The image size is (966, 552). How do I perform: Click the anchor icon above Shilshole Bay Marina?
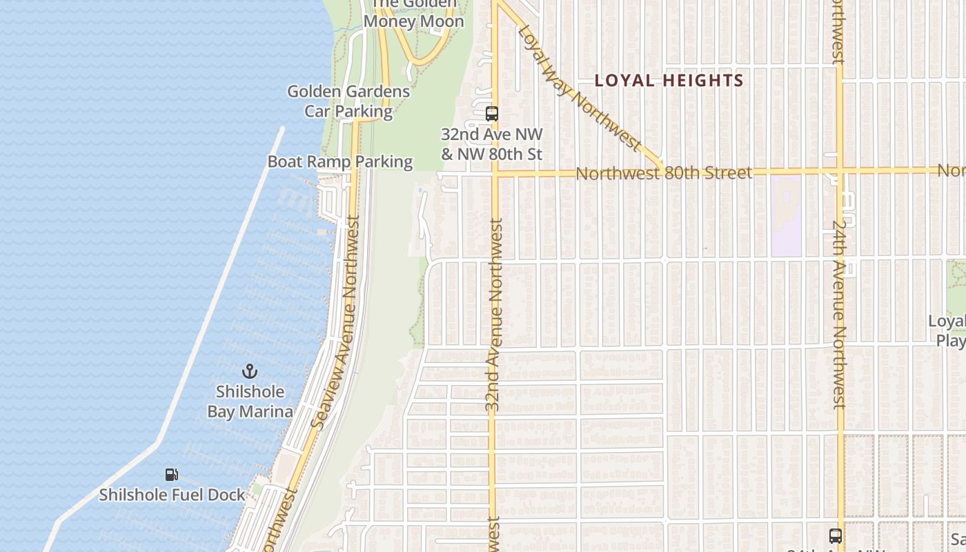250,371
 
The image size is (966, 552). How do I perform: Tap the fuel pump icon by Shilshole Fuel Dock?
172,474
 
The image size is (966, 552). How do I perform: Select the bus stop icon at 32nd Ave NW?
492,114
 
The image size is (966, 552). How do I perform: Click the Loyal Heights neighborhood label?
669,81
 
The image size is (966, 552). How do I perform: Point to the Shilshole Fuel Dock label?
172,495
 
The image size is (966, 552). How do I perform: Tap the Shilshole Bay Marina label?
250,402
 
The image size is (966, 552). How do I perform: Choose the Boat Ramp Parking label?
340,161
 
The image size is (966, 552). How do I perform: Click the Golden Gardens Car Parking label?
348,101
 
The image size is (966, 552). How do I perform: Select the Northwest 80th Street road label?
664,172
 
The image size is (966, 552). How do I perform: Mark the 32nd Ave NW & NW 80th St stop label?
492,144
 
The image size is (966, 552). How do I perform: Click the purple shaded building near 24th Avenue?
786,214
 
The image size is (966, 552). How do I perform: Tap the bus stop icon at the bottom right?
835,535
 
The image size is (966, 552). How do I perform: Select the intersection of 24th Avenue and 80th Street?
839,170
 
